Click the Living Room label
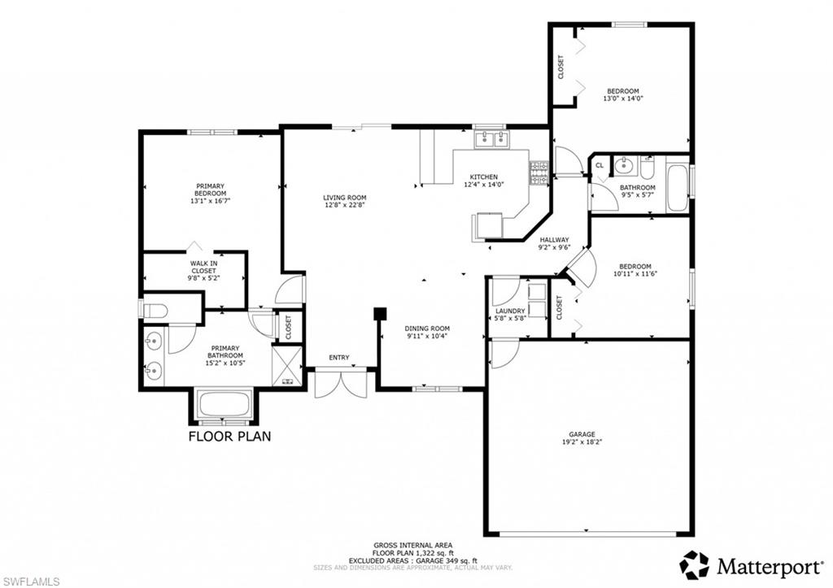pyautogui.click(x=344, y=198)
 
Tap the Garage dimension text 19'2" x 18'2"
pyautogui.click(x=582, y=442)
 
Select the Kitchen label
pyautogui.click(x=484, y=177)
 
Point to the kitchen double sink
pyautogui.click(x=491, y=139)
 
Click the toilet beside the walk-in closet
pyautogui.click(x=156, y=309)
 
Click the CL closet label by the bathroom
pyautogui.click(x=600, y=166)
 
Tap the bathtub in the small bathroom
pyautogui.click(x=677, y=188)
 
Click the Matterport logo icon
pyautogui.click(x=695, y=564)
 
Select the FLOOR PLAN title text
pyautogui.click(x=230, y=436)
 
